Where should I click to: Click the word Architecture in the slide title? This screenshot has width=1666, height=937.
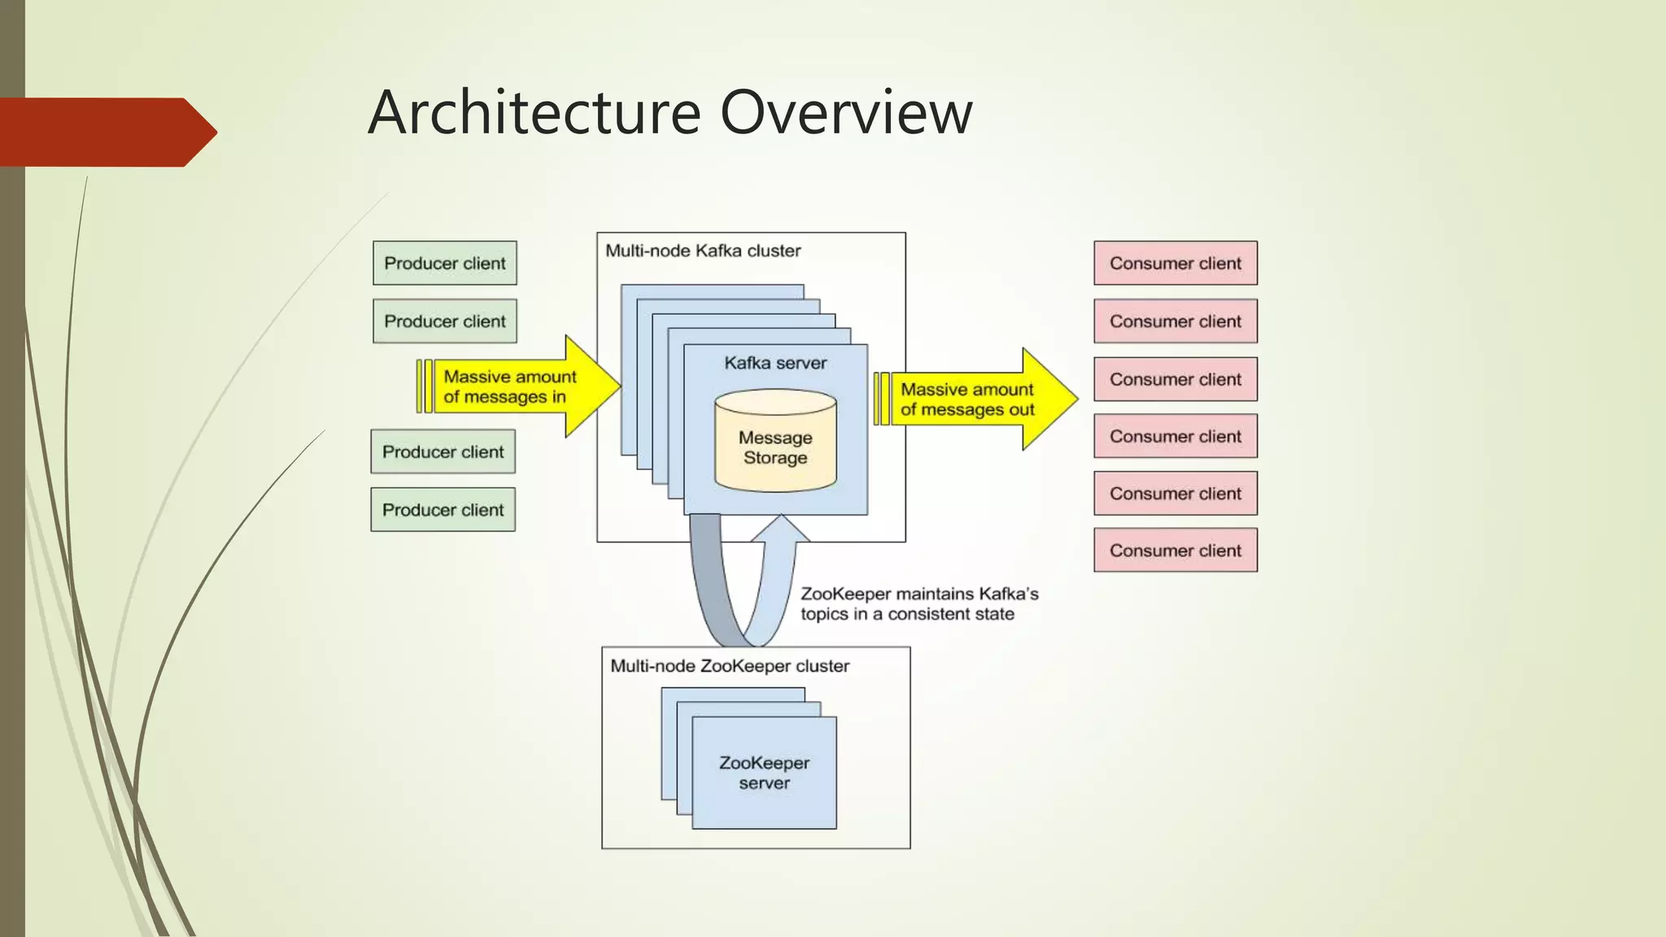pos(534,112)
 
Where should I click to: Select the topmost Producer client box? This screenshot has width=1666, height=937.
pos(445,263)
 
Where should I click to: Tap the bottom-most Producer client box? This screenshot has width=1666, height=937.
pos(443,509)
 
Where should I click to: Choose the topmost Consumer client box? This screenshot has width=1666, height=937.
pos(1175,263)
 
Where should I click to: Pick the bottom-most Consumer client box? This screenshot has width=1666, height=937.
pos(1175,550)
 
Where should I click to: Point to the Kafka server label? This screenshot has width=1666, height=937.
pos(775,363)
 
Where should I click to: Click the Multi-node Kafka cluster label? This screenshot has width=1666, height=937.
pos(703,251)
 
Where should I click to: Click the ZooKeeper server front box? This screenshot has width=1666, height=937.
pos(764,773)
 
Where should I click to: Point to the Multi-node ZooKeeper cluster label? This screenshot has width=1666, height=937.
pos(730,666)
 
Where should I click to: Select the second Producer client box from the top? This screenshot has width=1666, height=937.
pos(445,320)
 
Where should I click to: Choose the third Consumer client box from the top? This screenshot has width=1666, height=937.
pos(1175,379)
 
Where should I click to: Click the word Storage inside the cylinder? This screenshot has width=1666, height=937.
pos(775,458)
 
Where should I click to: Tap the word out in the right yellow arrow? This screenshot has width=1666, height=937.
pos(1022,410)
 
